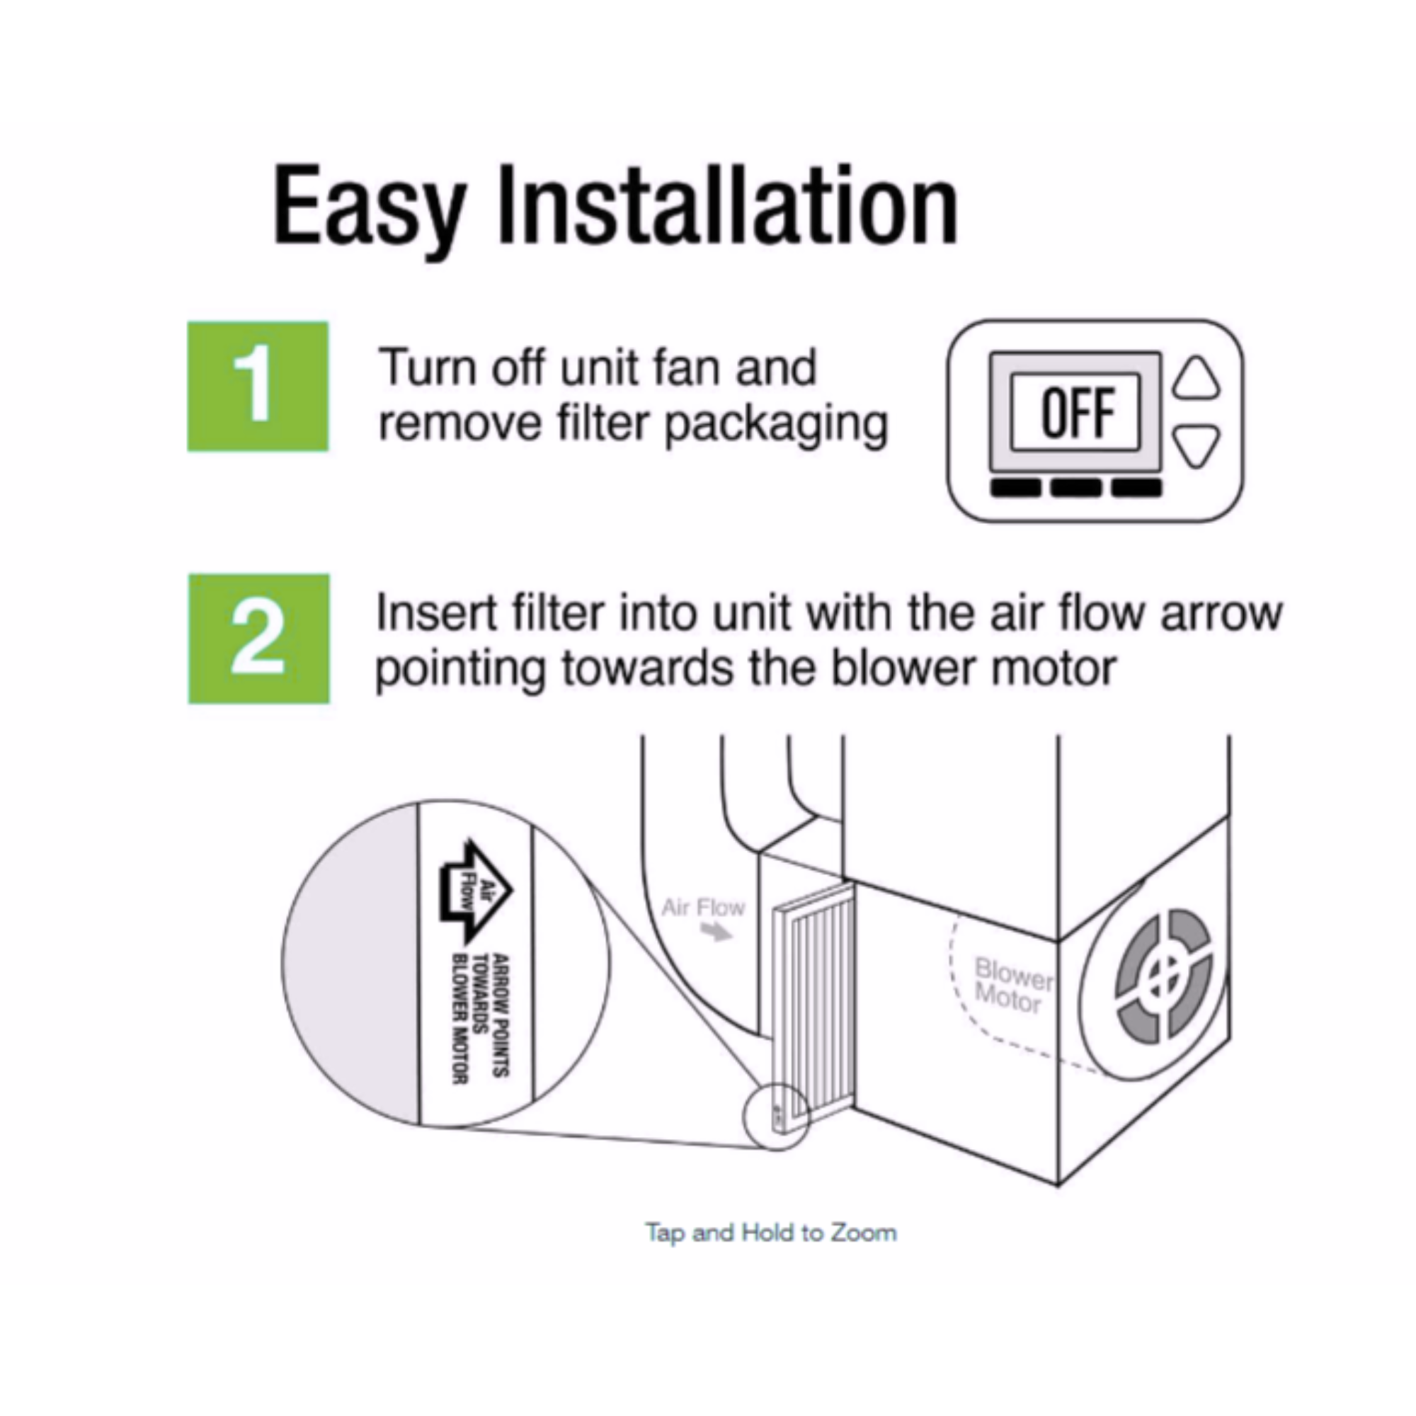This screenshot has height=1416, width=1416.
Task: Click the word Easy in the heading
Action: (370, 209)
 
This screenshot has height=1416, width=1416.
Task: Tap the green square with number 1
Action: (258, 387)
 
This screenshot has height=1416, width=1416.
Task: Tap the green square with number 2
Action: (258, 639)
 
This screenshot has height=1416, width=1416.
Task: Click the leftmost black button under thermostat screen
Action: (1015, 487)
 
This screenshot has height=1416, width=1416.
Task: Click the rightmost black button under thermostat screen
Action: (1137, 487)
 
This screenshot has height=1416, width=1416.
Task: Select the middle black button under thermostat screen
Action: (1076, 487)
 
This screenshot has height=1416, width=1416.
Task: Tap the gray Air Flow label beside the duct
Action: (703, 908)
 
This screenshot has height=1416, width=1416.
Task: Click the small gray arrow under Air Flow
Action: (716, 932)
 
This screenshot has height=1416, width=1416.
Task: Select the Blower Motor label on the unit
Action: (1013, 985)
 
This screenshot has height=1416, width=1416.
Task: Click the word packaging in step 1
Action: (776, 426)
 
